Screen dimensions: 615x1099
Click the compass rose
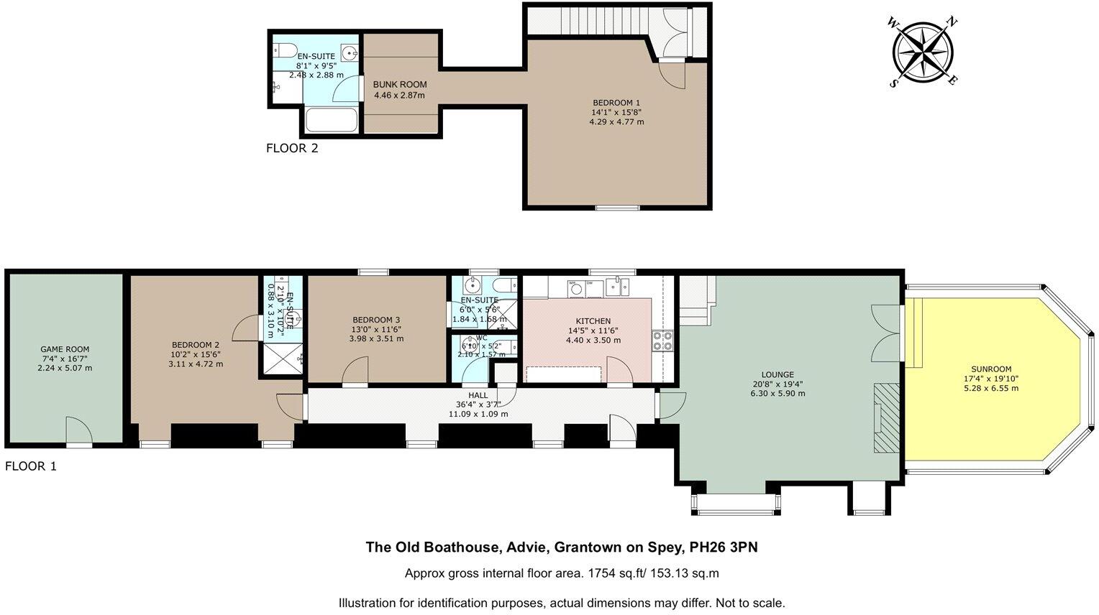[x=924, y=51]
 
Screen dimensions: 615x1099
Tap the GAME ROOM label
[x=65, y=349]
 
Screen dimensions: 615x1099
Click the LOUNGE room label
[x=777, y=374]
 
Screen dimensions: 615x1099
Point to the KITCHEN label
[x=593, y=321]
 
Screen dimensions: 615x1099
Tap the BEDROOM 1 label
[x=616, y=102]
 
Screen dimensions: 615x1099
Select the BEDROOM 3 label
[x=376, y=320]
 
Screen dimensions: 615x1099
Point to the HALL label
[x=478, y=395]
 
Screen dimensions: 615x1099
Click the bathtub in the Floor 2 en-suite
[x=332, y=120]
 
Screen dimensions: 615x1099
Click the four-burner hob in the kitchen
[x=662, y=340]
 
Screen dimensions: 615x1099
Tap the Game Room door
[x=79, y=431]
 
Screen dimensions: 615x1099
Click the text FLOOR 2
[x=292, y=149]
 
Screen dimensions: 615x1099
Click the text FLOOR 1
[x=31, y=466]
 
